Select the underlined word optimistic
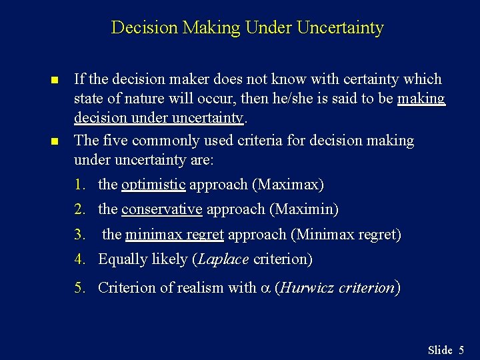click(x=153, y=184)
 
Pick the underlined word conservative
click(x=162, y=209)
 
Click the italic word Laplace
click(x=223, y=259)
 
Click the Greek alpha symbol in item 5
click(x=265, y=289)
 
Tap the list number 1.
click(x=79, y=184)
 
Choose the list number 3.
click(x=79, y=235)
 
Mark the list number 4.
click(x=79, y=259)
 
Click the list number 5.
click(x=79, y=288)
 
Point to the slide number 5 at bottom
click(x=461, y=349)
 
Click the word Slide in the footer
click(x=440, y=349)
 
